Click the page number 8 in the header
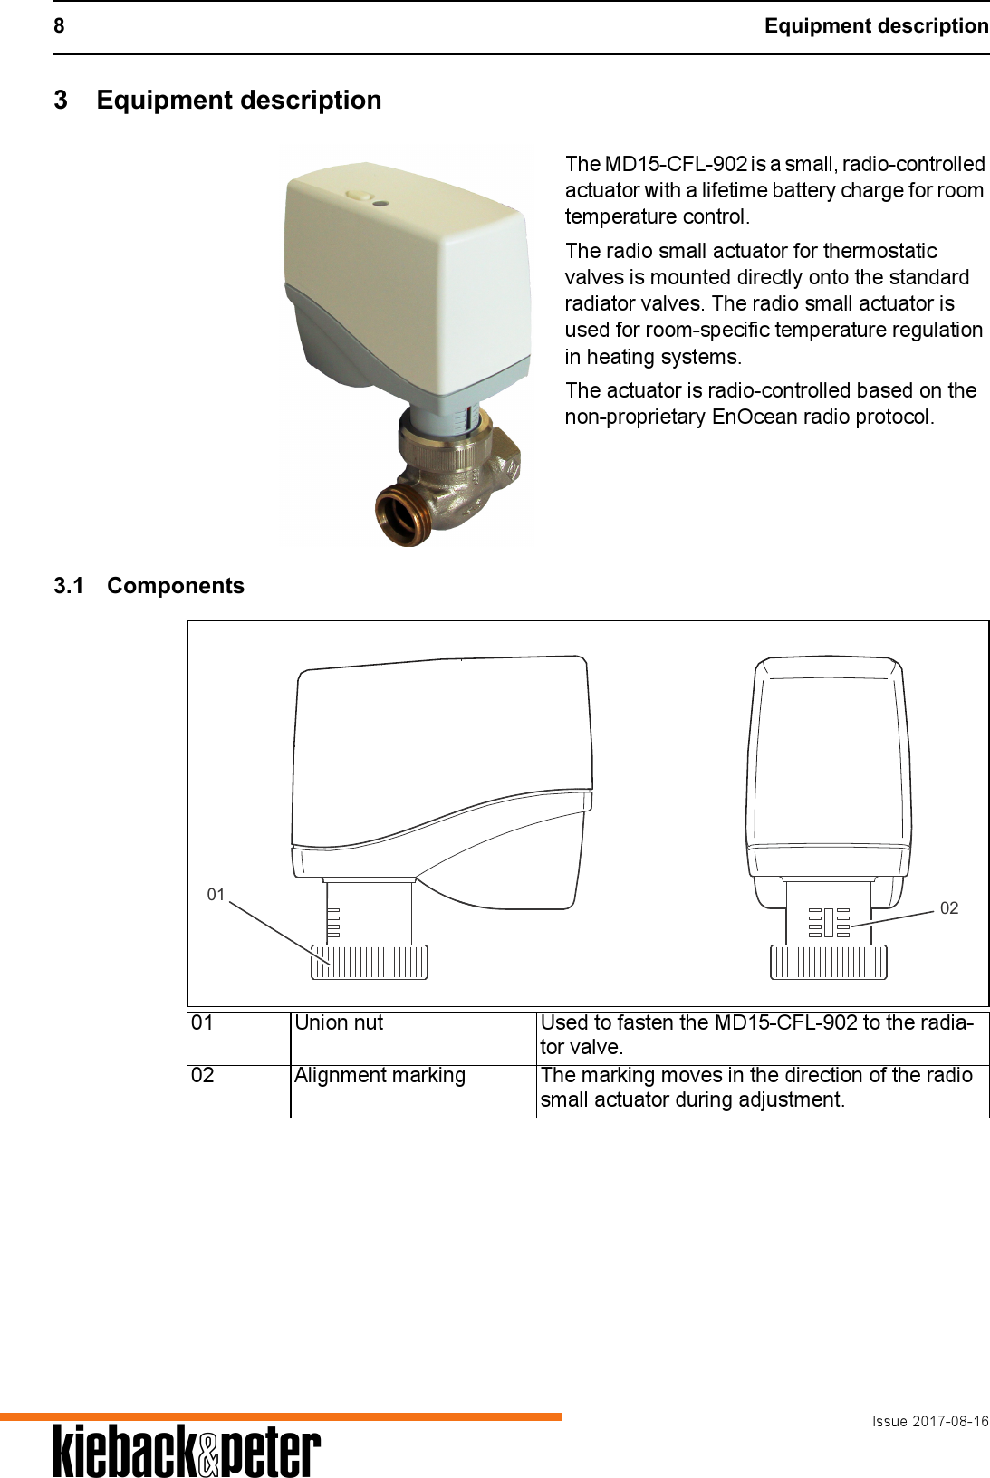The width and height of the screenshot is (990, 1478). point(59,25)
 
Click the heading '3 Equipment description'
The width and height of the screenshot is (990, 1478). point(217,100)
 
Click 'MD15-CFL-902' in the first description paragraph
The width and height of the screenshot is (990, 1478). point(676,164)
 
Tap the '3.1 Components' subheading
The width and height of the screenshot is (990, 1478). point(149,586)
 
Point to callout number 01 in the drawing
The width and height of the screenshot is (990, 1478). point(216,895)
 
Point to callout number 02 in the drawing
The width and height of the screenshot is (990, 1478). point(948,907)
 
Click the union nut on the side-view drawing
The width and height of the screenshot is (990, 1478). point(370,962)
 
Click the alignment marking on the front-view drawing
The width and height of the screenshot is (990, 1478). point(829,923)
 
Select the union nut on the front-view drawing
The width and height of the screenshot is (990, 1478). point(828,962)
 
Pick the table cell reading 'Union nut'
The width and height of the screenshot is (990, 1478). point(339,1022)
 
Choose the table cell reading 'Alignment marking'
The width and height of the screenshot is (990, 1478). point(380,1075)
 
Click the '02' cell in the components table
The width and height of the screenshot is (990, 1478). point(203,1075)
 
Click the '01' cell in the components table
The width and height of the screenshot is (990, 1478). point(203,1022)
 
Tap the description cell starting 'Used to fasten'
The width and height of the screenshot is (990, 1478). point(756,1034)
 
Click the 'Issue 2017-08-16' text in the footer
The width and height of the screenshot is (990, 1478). point(929,1421)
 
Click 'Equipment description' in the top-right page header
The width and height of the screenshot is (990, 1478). point(876,25)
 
